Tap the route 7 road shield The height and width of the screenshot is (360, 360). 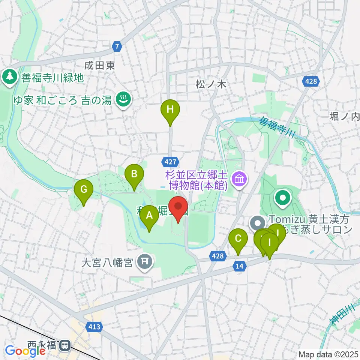118,46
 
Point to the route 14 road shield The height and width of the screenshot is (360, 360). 240,266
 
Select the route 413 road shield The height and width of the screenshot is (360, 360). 95,327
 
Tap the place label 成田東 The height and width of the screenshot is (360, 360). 99,66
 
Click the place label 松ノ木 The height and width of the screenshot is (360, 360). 211,85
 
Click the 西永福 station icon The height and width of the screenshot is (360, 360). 65,344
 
